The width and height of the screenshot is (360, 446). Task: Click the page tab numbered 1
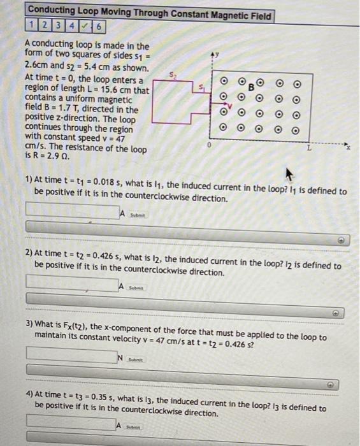click(32, 26)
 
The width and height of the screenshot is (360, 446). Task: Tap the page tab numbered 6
click(101, 26)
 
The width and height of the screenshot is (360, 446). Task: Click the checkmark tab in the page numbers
click(88, 26)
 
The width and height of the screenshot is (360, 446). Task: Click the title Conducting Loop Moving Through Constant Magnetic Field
click(150, 16)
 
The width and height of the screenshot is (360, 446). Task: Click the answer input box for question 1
click(72, 209)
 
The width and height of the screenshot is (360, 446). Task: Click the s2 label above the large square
click(169, 75)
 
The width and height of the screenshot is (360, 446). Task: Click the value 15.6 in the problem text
click(108, 90)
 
